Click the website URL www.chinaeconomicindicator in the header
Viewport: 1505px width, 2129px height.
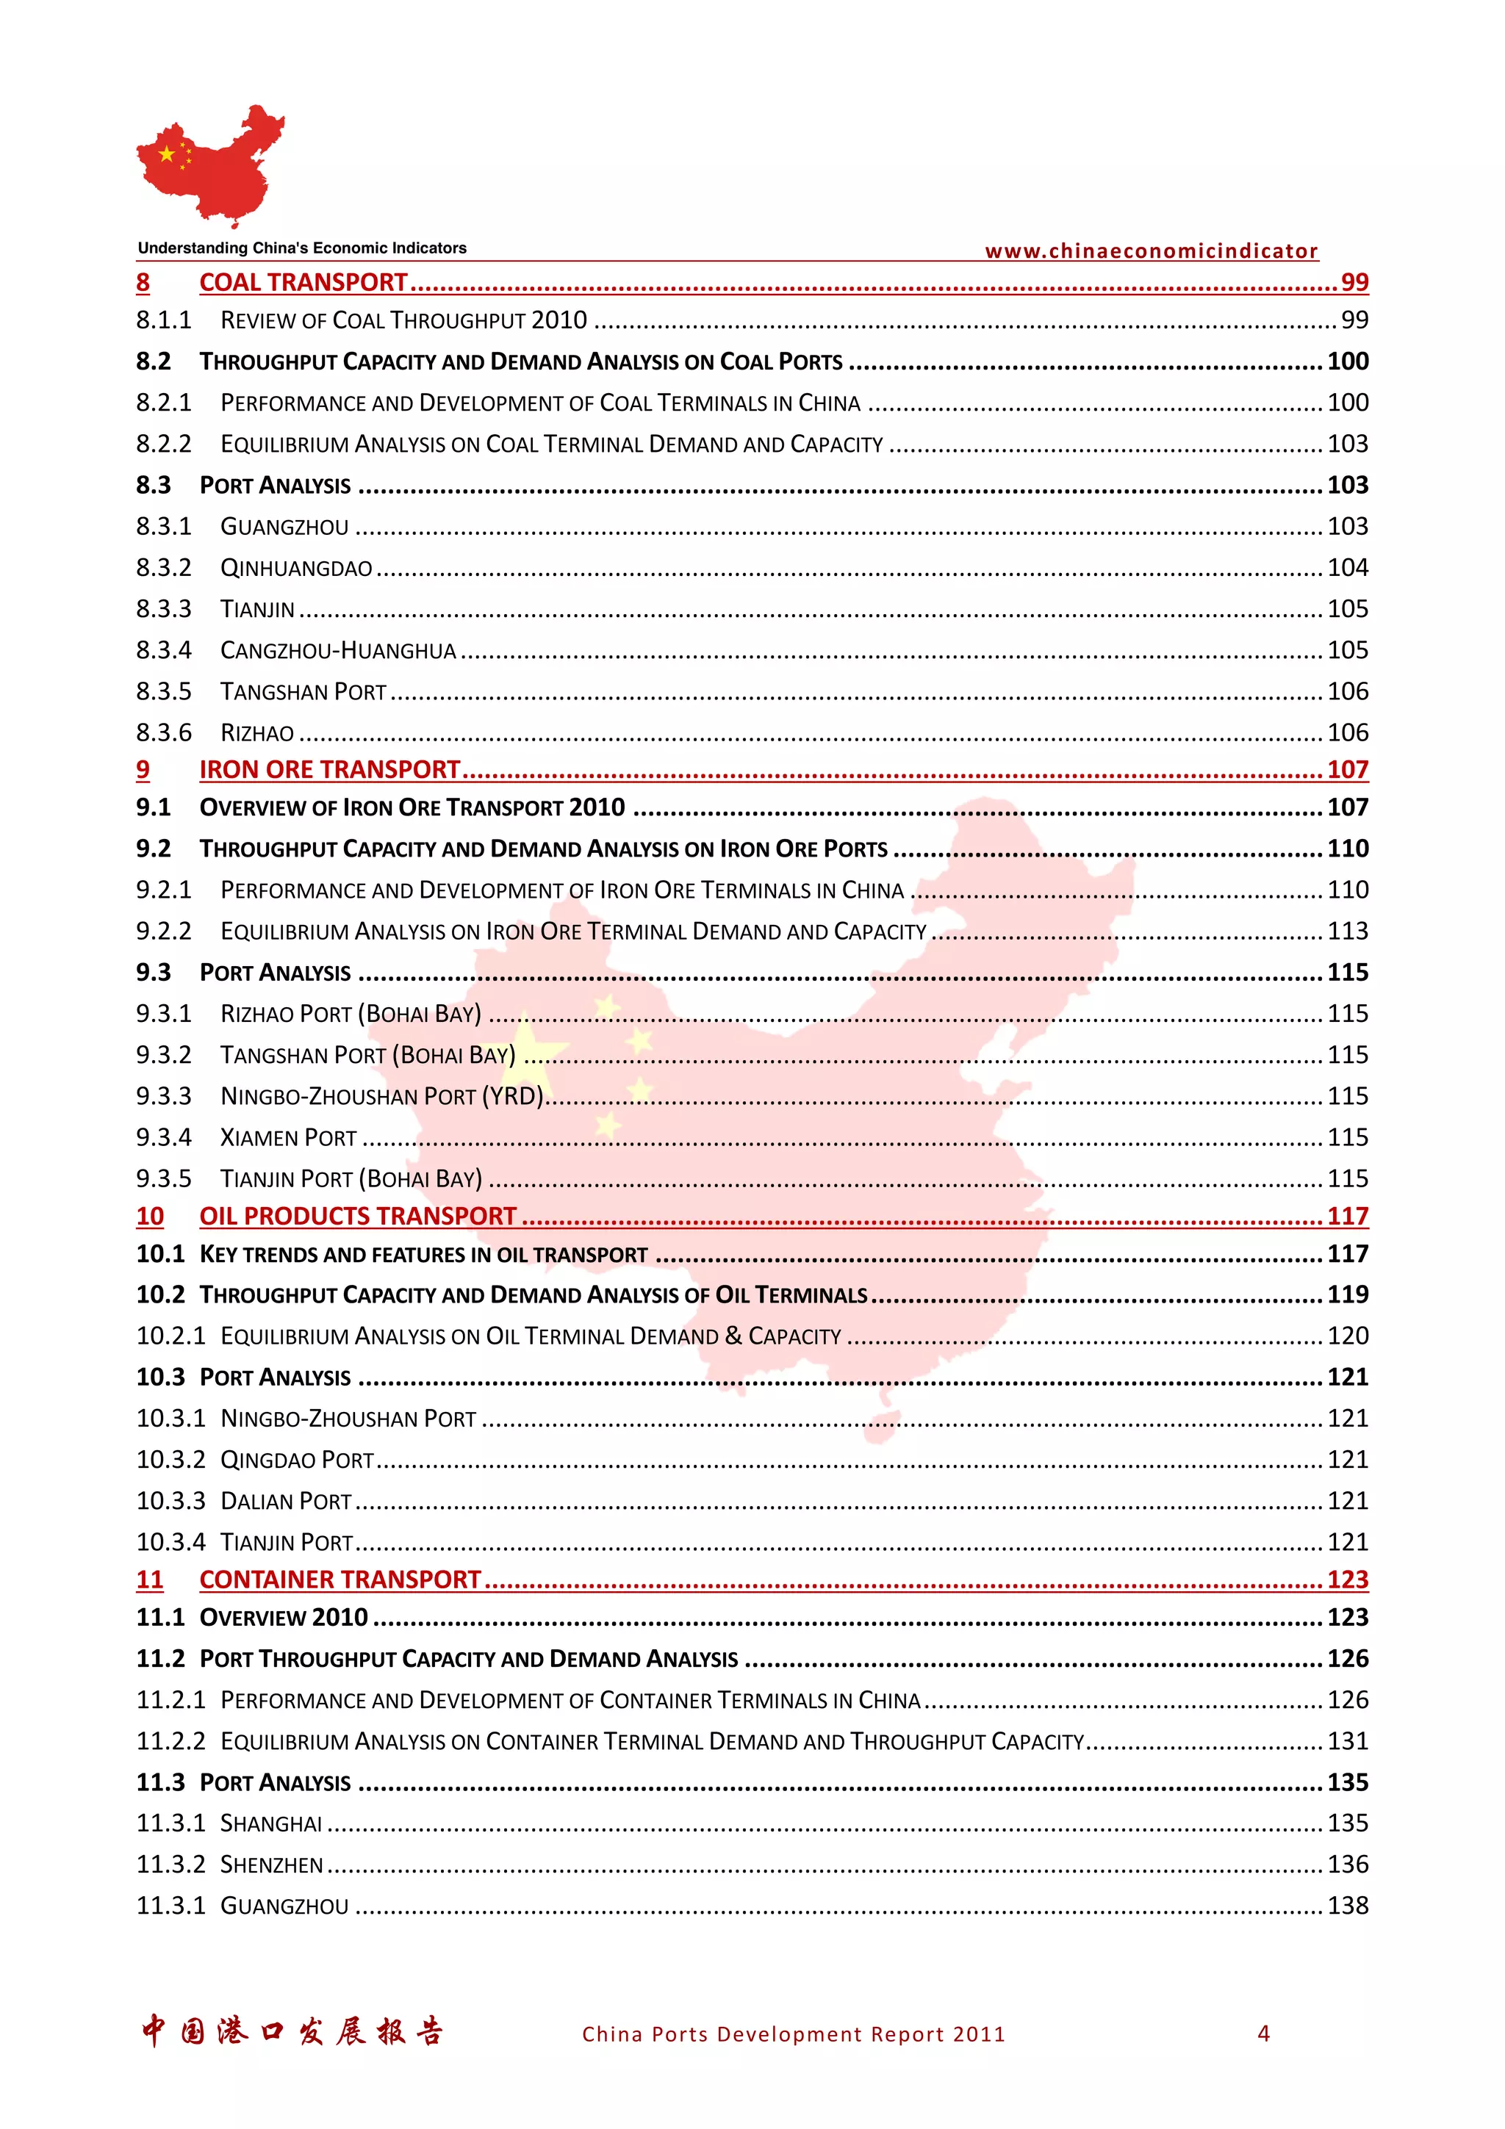[x=1151, y=251]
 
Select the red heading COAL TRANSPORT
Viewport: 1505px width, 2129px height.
[x=303, y=282]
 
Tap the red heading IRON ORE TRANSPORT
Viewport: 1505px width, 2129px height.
[x=329, y=770]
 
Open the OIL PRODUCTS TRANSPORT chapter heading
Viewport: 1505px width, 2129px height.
[x=357, y=1216]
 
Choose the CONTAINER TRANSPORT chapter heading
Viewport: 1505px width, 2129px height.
[x=340, y=1579]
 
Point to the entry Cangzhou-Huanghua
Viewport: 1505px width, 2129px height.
[x=337, y=650]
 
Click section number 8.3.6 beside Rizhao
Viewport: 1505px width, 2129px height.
[x=163, y=732]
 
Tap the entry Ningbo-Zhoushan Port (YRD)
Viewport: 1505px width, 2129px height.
[x=381, y=1096]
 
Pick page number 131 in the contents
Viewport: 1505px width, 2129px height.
[x=1347, y=1740]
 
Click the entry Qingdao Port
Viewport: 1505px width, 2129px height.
[x=297, y=1460]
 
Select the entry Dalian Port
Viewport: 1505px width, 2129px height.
[x=286, y=1500]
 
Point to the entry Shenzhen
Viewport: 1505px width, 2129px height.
[x=272, y=1864]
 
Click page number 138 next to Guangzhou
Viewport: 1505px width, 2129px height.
[x=1347, y=1906]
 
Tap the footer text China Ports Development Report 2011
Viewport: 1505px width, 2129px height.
[x=793, y=2033]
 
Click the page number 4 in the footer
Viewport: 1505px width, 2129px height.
[x=1263, y=2033]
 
